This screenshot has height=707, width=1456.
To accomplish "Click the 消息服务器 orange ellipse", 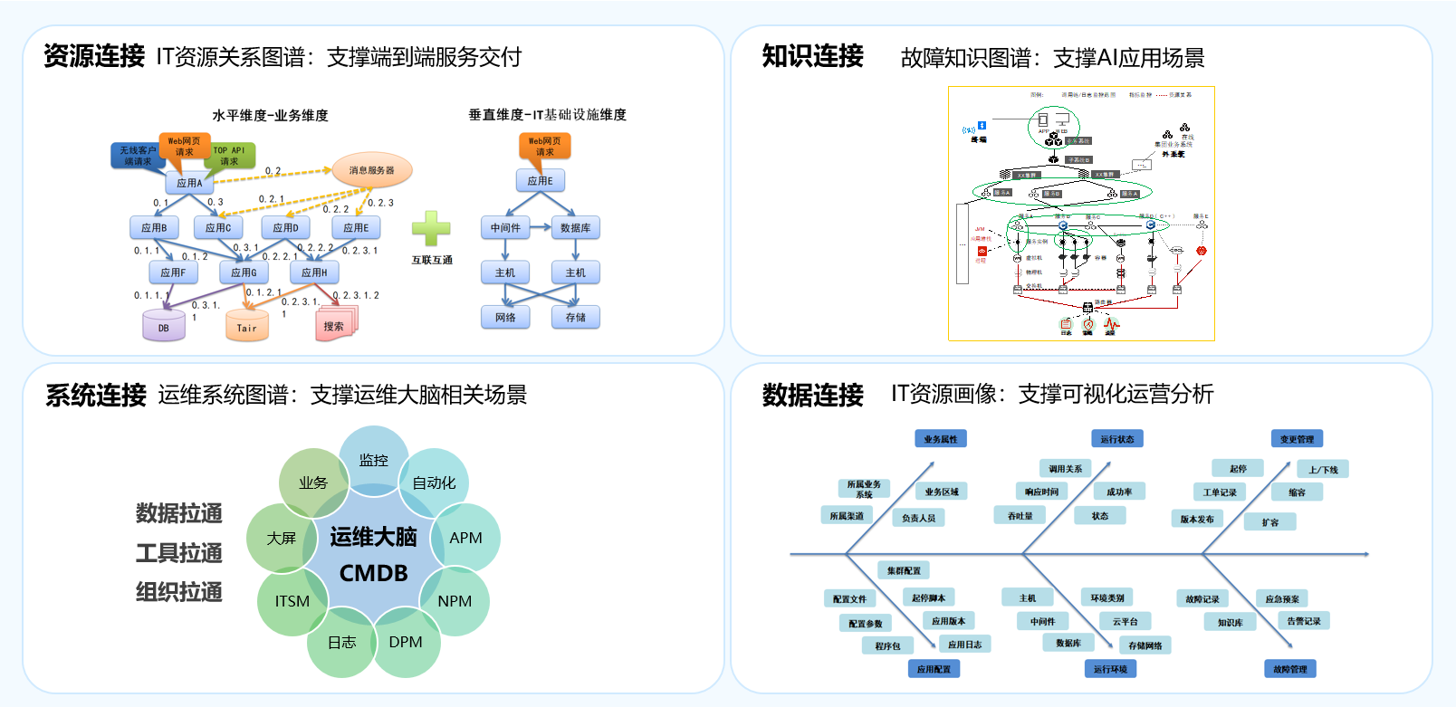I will pos(372,170).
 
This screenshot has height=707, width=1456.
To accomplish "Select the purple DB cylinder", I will pos(164,326).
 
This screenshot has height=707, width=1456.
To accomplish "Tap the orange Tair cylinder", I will pos(246,327).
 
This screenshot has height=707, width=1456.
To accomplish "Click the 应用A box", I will pos(189,183).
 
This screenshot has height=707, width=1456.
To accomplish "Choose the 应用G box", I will pos(244,272).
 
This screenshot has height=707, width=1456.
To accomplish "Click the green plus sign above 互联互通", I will pos(431,228).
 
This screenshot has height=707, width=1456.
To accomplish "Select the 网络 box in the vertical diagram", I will pos(505,318).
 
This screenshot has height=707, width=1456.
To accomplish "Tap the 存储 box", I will pos(576,318).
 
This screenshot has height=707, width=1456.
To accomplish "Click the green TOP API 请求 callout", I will pos(229,155).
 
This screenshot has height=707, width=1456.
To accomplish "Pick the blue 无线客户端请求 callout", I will pos(138,156).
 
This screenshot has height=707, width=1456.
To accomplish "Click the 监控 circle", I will pos(374,460).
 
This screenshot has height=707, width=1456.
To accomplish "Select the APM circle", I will pos(465,538).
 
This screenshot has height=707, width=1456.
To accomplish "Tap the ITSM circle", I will pos(292,601).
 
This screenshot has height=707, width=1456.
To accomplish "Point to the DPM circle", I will pos(406,642).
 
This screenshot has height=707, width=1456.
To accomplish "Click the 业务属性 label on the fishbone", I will pos(940,439).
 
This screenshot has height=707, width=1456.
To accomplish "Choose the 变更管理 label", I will pos(1297,439).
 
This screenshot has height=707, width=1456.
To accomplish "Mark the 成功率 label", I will pos(1119,492).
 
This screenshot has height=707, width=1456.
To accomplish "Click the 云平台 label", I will pos(1126,622).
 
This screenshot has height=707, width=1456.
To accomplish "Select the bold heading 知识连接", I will pos(812,56).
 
